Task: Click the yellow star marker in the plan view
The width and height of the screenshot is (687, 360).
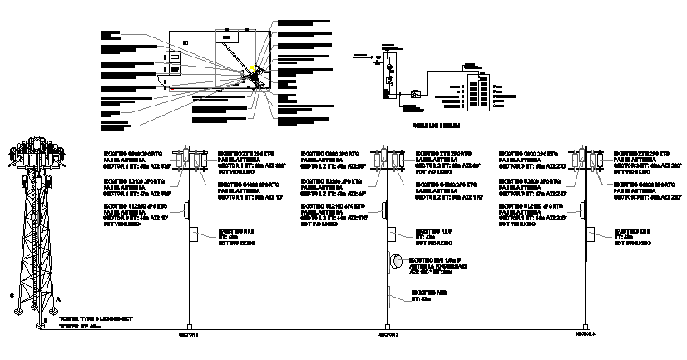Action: (252, 69)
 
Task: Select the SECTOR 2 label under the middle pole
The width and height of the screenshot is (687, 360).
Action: (389, 335)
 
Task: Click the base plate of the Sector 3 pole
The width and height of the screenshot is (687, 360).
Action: (586, 325)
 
